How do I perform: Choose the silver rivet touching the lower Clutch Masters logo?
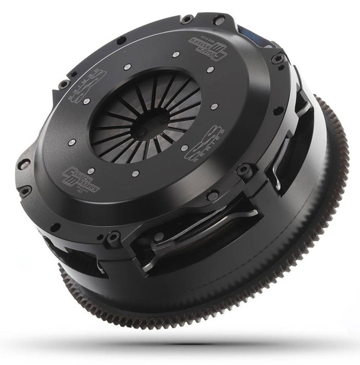point(92,171)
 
